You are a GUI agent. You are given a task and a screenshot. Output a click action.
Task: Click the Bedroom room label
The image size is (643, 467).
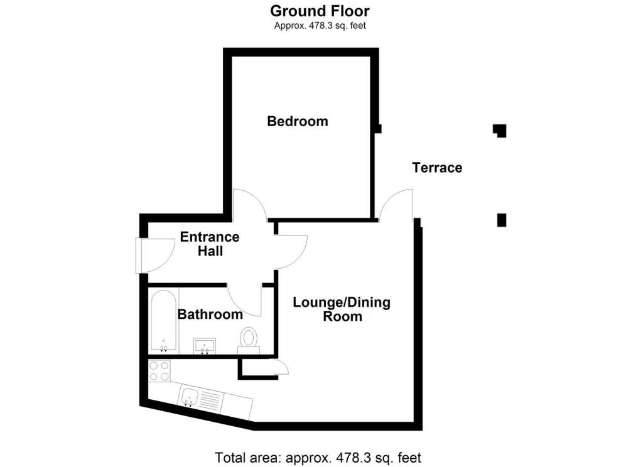coord(298,121)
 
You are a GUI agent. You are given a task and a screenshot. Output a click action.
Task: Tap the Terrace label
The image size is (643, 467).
coord(437,168)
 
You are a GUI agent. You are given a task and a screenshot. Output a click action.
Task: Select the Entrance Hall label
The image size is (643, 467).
coord(210,244)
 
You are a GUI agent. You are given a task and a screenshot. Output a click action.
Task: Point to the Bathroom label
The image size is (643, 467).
coord(210,314)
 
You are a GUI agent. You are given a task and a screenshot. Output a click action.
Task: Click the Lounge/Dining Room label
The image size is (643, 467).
coord(342,309)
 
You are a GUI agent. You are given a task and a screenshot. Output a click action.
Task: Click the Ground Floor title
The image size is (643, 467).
coord(320,11)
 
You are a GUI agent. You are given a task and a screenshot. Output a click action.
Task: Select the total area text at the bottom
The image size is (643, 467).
coord(318,457)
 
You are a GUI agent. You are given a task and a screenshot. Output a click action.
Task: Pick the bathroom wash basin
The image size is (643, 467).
coord(205,346)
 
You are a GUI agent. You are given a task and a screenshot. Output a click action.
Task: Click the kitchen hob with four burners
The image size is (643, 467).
coord(159,370)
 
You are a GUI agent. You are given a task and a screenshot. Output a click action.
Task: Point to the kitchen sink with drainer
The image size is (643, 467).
coord(201,397)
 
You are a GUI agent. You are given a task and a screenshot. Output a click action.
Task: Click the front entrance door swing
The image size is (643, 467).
coord(154,256)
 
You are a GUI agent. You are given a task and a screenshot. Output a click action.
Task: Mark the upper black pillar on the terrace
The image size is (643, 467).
coord(500,131)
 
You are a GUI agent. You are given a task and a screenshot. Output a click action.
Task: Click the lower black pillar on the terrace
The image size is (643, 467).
coord(501,220)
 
